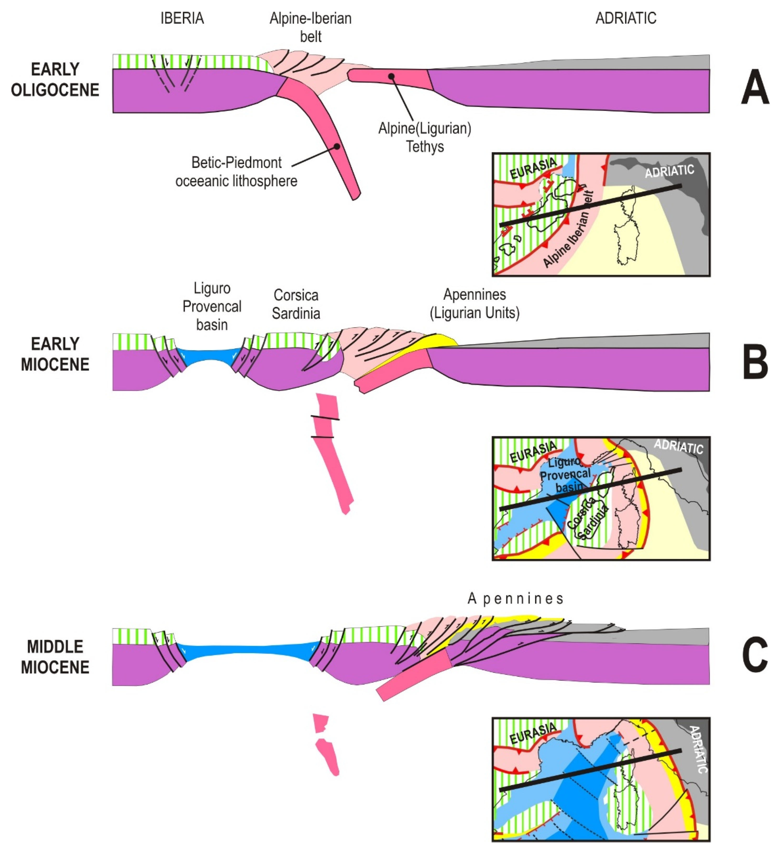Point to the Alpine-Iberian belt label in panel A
(x=311, y=28)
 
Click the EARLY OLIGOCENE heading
(x=55, y=79)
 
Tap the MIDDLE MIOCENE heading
(x=55, y=656)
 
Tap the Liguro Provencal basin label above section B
(x=212, y=306)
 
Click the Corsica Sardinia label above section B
(x=296, y=304)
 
